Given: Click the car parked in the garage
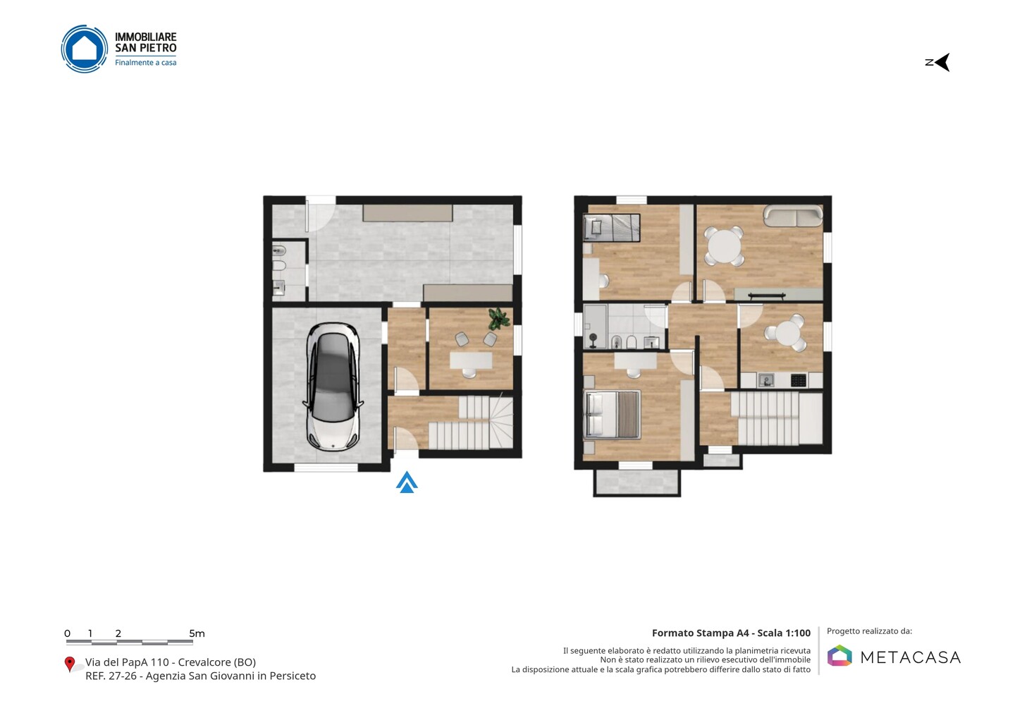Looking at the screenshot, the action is [333, 387].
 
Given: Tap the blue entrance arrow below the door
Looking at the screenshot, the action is [407, 482].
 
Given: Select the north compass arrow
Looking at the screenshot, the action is [937, 63].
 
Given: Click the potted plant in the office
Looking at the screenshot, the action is [499, 318].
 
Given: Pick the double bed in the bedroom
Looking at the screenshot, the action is [612, 415].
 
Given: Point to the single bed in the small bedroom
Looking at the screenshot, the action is [611, 228].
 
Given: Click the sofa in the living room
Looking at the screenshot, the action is [793, 216].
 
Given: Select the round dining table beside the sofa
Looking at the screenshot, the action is [724, 247].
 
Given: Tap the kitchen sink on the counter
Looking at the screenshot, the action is [766, 380].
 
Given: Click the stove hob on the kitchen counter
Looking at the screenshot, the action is [799, 380].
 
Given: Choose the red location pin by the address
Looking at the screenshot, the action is [69, 664].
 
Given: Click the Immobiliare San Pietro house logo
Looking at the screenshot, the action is [85, 49].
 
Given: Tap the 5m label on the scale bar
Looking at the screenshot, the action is [197, 633].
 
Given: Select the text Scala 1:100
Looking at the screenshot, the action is [784, 633].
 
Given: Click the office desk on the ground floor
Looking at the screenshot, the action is [471, 361].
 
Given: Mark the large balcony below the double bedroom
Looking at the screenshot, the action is [636, 482].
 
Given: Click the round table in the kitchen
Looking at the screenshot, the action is [787, 333].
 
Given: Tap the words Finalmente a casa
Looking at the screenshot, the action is [145, 63].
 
